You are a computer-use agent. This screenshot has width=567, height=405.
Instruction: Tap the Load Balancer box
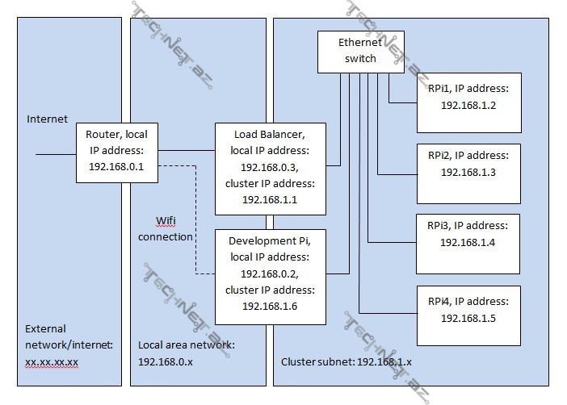[270, 168]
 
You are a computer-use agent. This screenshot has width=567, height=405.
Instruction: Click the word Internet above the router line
[48, 119]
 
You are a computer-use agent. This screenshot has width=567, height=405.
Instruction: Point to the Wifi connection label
[166, 228]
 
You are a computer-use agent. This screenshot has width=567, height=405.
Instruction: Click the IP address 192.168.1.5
[468, 319]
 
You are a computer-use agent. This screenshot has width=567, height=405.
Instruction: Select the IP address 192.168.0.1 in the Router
[116, 166]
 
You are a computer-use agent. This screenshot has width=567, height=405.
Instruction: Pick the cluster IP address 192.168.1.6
[270, 307]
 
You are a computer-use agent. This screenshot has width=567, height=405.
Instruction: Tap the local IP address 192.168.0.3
[270, 168]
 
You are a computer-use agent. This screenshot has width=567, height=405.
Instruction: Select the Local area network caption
[187, 345]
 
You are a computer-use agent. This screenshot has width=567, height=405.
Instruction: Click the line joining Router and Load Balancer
[185, 150]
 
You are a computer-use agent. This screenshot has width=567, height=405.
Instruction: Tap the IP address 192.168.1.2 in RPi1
[468, 105]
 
